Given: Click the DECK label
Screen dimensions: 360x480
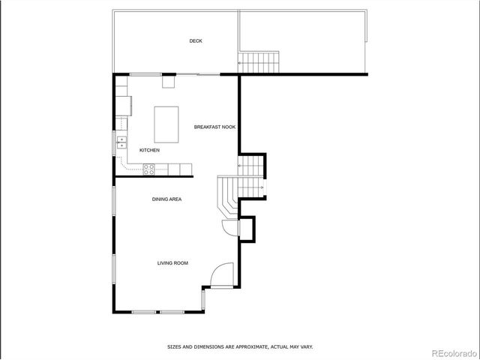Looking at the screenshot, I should (x=196, y=41).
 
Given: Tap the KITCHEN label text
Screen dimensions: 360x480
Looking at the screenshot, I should (x=149, y=151).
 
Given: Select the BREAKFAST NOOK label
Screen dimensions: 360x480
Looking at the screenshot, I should (x=214, y=127).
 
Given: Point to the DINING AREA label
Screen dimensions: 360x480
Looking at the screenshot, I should (x=166, y=199).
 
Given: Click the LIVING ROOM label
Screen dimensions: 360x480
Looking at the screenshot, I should (x=172, y=263).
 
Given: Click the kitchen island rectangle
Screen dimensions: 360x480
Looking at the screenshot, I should (x=166, y=124).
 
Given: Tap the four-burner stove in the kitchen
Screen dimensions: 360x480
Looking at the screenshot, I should (x=149, y=168).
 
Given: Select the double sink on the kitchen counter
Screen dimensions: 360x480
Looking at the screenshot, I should (x=121, y=142).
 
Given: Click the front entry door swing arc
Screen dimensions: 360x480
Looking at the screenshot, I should (x=222, y=276).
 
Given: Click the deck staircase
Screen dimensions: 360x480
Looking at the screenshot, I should (x=259, y=61).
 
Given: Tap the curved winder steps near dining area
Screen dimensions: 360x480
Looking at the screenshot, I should (x=227, y=193).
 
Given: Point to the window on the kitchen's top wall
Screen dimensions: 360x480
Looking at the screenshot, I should (x=145, y=73).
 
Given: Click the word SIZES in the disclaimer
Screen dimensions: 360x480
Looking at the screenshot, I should (x=174, y=347).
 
